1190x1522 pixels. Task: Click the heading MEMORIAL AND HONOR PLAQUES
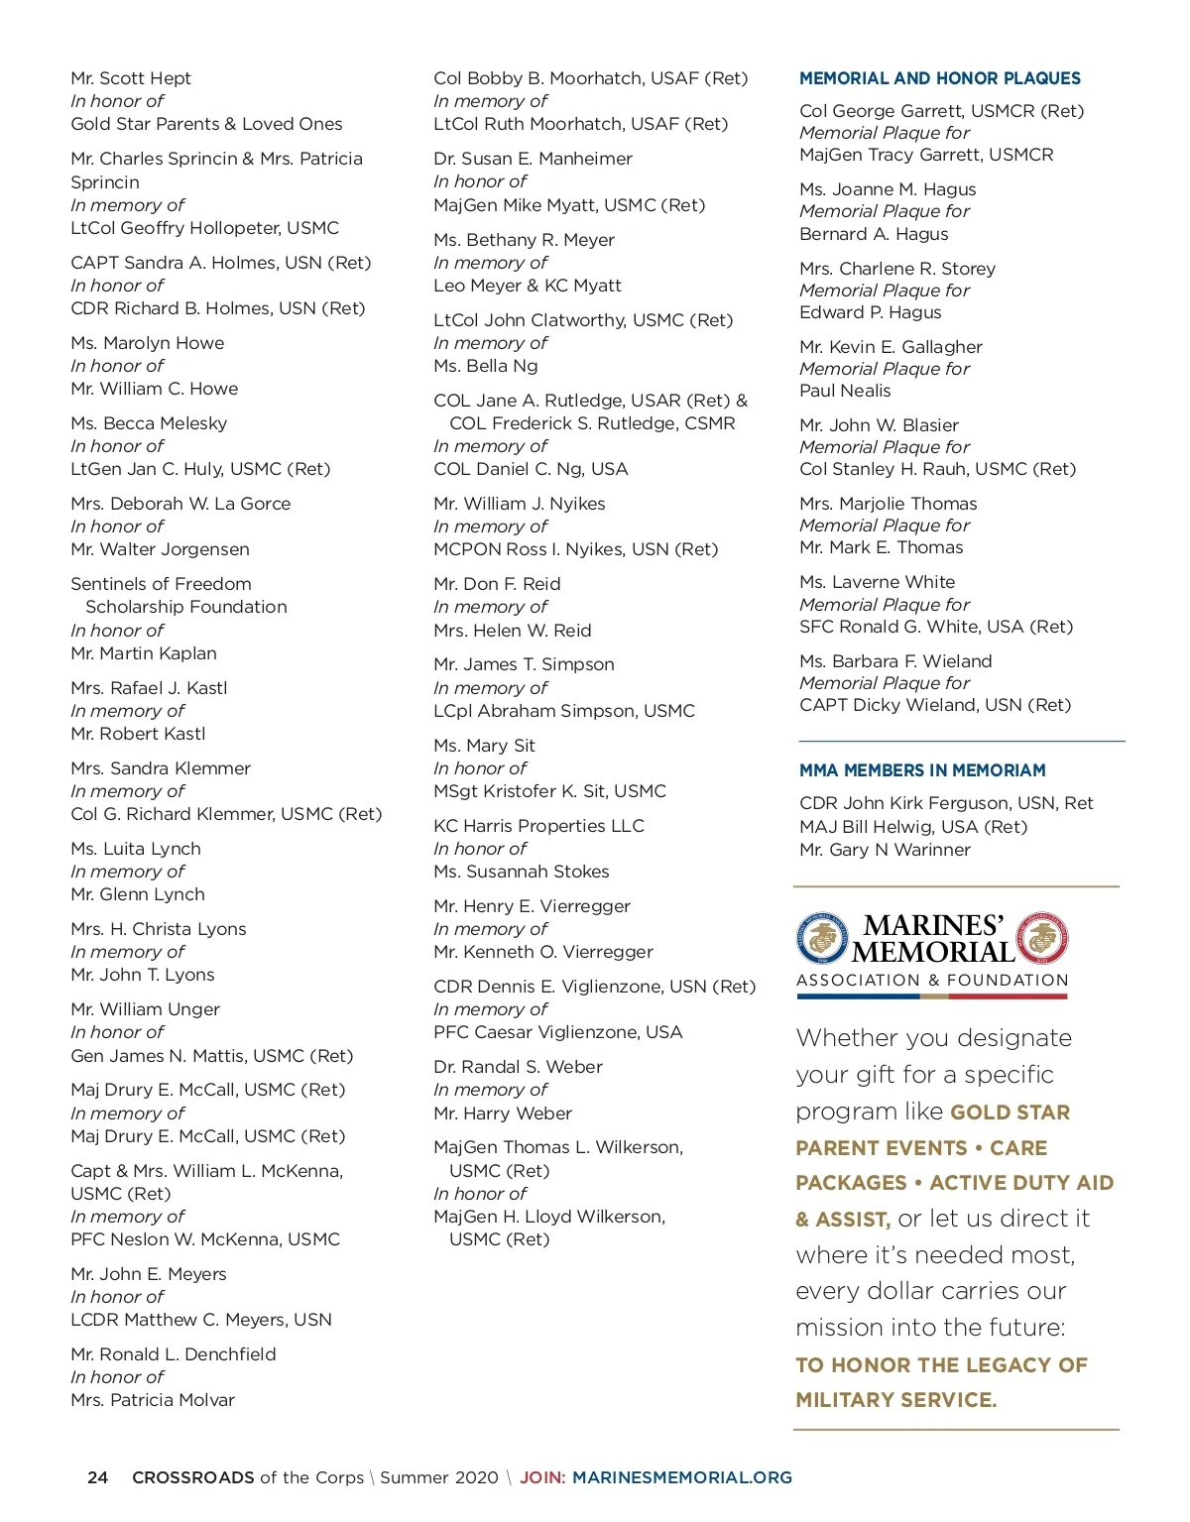coord(939,78)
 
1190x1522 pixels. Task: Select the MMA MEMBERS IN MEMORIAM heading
coord(922,770)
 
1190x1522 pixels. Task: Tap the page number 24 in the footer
coord(97,1477)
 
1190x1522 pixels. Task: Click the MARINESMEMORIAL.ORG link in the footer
coord(682,1477)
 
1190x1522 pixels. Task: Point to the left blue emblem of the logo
coord(822,938)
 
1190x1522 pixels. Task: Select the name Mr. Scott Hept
coord(131,78)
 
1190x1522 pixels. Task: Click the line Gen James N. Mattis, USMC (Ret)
coord(211,1055)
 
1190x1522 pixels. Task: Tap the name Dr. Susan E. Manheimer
coord(533,159)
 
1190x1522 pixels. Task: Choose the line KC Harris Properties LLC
coord(538,826)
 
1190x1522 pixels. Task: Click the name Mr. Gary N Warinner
coord(885,850)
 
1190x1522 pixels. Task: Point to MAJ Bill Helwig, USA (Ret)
coord(913,827)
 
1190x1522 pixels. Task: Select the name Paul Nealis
coord(845,391)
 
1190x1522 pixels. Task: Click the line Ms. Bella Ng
coord(486,366)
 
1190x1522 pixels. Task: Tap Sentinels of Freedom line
coord(161,584)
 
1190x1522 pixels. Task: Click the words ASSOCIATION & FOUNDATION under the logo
coord(932,981)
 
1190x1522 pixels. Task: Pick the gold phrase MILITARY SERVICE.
coord(895,1400)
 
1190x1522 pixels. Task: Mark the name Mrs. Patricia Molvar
coord(153,1400)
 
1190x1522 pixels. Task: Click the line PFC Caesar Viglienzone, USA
coord(557,1032)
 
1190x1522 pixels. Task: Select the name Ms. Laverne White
coord(877,582)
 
